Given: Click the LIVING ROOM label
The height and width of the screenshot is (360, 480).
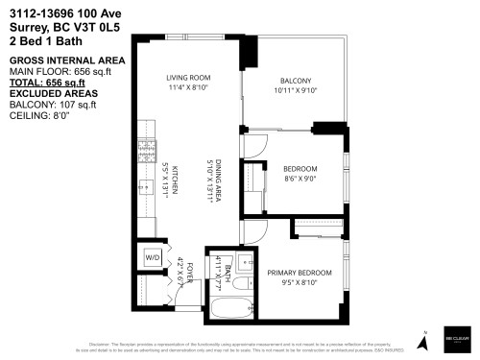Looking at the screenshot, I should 187,78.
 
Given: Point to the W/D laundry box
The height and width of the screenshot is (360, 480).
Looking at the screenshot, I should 153,258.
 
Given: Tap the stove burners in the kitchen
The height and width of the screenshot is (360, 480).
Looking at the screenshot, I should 148,149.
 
